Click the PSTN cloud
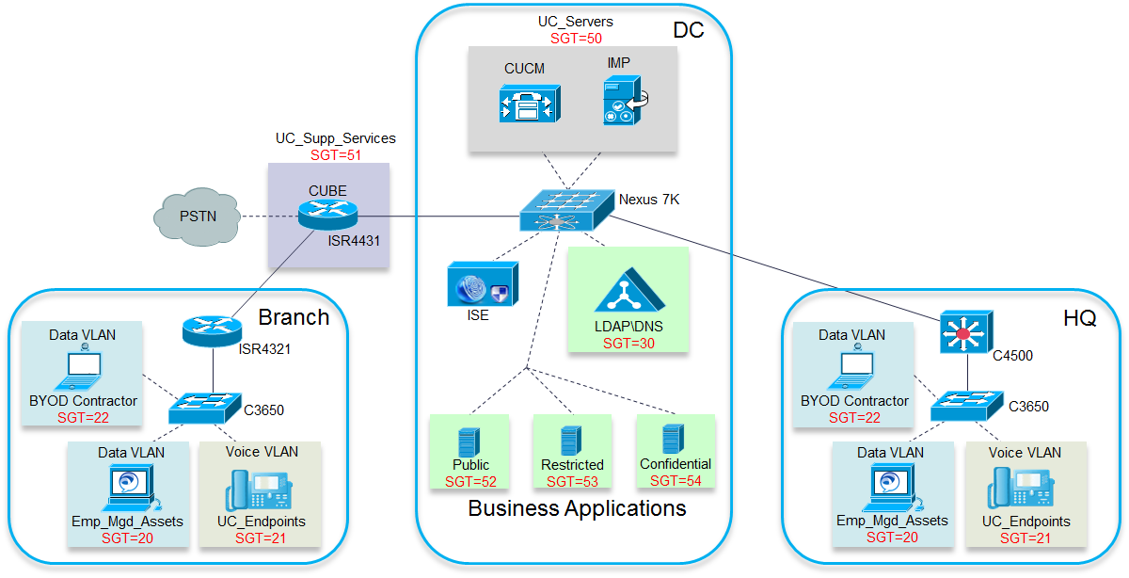(197, 217)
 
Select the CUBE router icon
(327, 215)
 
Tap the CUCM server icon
(530, 104)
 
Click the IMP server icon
(625, 100)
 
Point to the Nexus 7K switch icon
(567, 210)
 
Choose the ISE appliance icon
(483, 283)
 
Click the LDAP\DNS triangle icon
(630, 290)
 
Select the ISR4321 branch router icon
(213, 330)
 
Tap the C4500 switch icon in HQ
(967, 331)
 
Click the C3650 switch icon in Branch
(205, 408)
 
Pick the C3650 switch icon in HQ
(967, 406)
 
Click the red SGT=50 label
(576, 39)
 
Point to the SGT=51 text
(336, 154)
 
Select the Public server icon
(469, 442)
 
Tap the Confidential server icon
(674, 440)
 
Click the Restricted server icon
(571, 441)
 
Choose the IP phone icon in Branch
(259, 490)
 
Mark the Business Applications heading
(577, 508)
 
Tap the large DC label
(689, 30)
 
